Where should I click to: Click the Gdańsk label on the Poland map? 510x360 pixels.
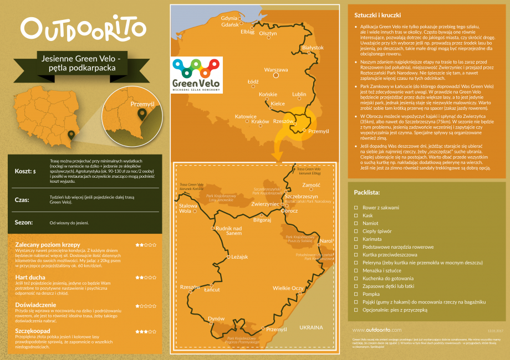tap(229, 25)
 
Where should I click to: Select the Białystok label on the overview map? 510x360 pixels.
tap(312, 48)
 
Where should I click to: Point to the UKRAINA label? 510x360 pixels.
tap(310, 327)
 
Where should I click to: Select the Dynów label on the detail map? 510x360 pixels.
tap(216, 319)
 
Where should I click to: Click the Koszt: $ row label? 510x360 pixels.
tap(25, 171)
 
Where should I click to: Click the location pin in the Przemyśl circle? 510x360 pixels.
tap(142, 114)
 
